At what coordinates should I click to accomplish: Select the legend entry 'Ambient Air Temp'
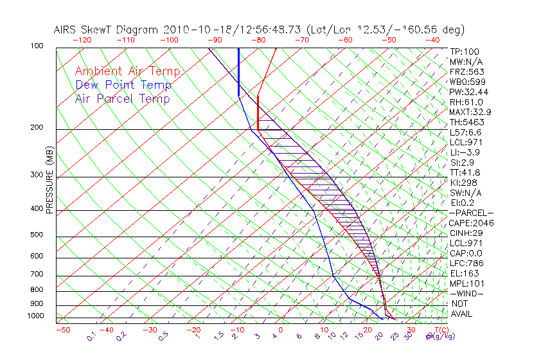tap(127, 71)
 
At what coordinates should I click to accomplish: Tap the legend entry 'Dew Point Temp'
tap(123, 85)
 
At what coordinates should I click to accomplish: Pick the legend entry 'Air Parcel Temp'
tap(122, 98)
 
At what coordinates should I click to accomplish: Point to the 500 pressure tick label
tap(37, 235)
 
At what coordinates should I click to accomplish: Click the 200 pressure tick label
tap(37, 128)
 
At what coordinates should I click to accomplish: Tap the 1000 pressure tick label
tap(35, 316)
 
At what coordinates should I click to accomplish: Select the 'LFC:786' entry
tap(466, 264)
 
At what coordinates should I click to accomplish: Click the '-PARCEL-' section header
tap(471, 213)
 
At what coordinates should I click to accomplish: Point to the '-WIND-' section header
tap(466, 294)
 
